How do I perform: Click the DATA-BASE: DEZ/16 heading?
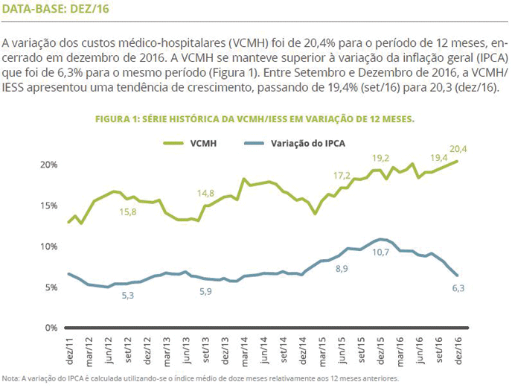coord(55,10)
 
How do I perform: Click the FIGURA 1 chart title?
coord(255,119)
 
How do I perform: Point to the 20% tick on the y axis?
coord(48,165)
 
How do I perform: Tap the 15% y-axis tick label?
coord(48,206)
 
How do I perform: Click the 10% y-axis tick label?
coord(48,247)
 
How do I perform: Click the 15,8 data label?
coord(129,212)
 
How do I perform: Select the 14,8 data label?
coord(206,194)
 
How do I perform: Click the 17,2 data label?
coord(342,176)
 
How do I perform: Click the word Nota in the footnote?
coord(10,377)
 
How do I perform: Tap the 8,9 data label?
coord(342,268)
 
